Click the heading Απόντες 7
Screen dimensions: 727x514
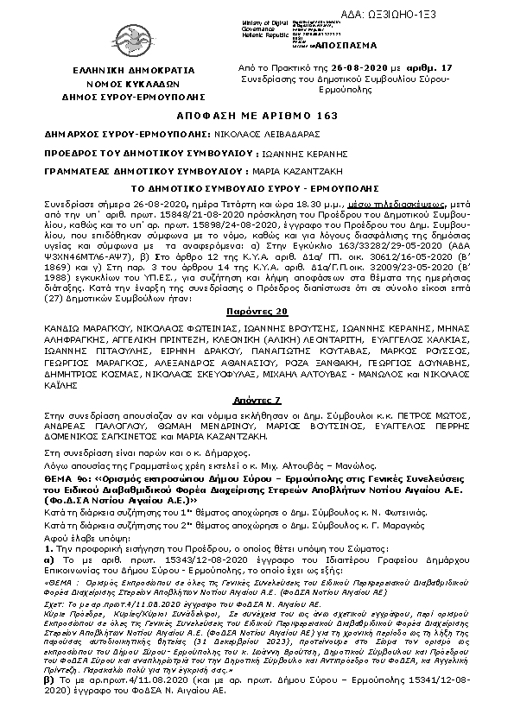[x=257, y=401]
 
